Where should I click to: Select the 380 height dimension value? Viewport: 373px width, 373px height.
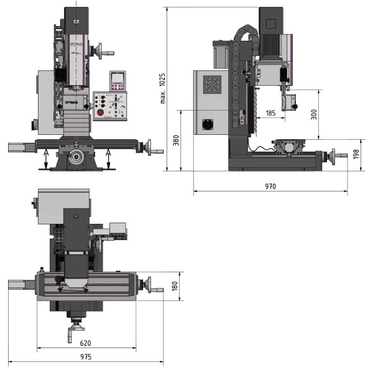(x=176, y=141)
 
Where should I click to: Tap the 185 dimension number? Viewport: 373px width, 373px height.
(x=270, y=113)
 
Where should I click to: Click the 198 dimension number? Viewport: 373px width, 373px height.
(x=356, y=154)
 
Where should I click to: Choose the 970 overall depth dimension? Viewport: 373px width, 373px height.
(x=270, y=186)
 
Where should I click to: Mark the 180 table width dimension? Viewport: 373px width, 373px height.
(x=175, y=286)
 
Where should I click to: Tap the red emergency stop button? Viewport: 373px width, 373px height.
(x=99, y=113)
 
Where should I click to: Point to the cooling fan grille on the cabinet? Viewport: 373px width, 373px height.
(x=213, y=85)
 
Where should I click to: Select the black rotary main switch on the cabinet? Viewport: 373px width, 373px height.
(x=208, y=124)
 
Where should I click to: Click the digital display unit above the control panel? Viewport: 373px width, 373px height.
(x=117, y=80)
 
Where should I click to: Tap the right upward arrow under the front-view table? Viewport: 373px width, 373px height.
(x=109, y=159)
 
